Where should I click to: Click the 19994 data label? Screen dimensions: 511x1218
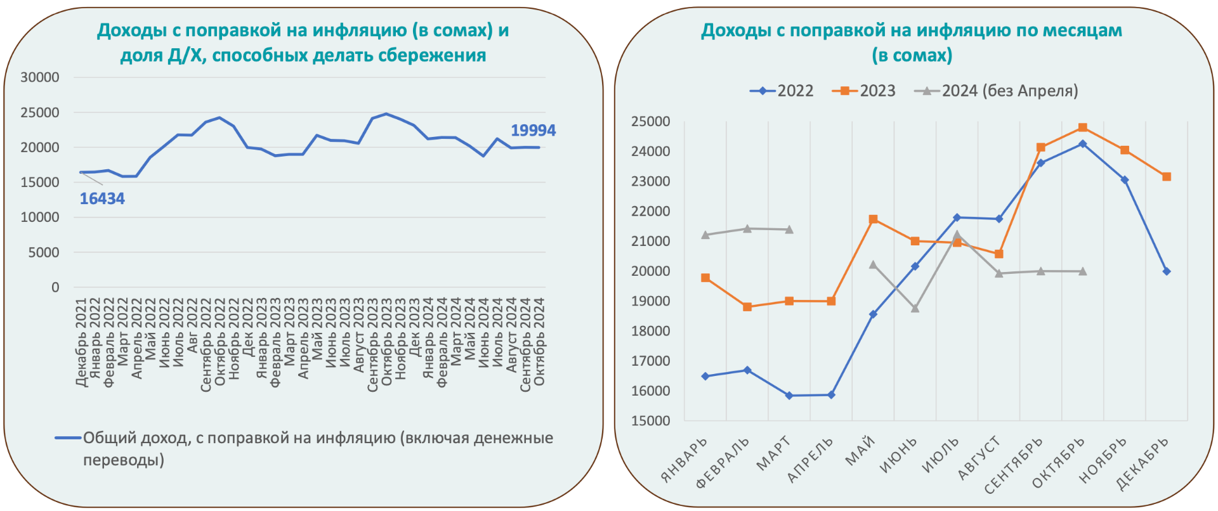click(533, 131)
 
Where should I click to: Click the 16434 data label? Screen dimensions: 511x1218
click(102, 199)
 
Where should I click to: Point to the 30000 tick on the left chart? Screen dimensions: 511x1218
click(40, 77)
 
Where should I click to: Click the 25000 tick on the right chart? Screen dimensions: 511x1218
click(650, 122)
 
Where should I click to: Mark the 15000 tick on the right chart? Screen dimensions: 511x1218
click(650, 421)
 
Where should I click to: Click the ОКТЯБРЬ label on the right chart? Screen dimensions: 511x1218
click(1058, 463)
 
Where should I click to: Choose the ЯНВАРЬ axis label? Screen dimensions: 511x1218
click(684, 461)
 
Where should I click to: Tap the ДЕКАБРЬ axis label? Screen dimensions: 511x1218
click(1142, 465)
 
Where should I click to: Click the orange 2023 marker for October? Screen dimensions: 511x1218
click(1082, 128)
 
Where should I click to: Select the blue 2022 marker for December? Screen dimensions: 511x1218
click(1166, 271)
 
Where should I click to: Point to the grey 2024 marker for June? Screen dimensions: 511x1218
click(915, 308)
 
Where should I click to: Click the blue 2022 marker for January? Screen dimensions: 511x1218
click(705, 377)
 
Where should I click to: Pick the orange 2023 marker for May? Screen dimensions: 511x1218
click(873, 219)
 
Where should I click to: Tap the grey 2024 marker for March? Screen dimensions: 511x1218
click(789, 230)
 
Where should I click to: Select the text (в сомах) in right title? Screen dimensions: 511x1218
click(912, 56)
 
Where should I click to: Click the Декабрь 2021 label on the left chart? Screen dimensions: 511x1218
click(81, 342)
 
